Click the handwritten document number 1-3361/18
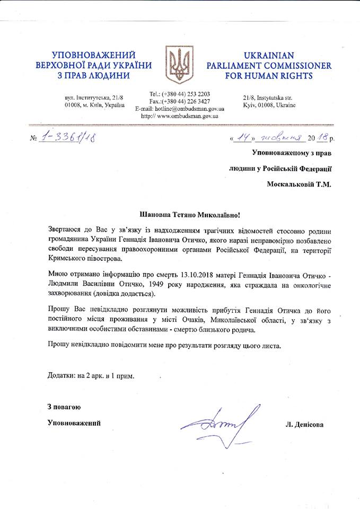point(71,139)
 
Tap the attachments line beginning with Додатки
point(90,376)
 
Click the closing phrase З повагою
point(64,407)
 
